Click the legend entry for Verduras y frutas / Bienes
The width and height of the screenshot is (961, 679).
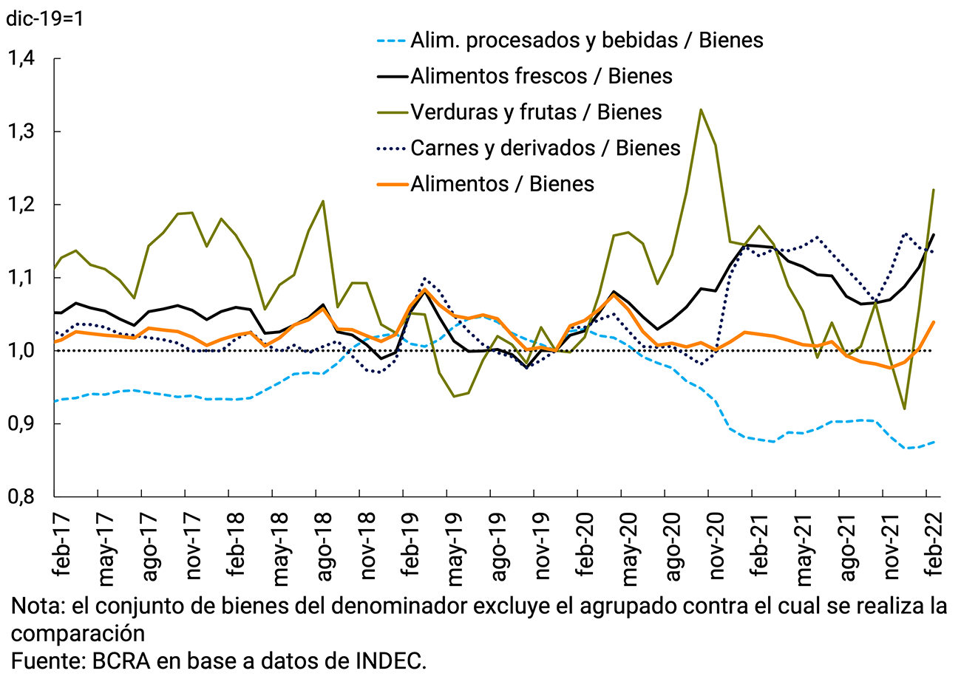(535, 112)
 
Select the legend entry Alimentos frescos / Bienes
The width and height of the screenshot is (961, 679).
(540, 76)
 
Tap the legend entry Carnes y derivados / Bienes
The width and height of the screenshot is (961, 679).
(545, 148)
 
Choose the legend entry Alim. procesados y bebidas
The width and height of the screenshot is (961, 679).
(586, 40)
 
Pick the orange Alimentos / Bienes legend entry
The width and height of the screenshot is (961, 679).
(502, 183)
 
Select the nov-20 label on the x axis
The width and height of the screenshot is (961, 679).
(711, 544)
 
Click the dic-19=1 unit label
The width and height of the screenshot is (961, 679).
(44, 18)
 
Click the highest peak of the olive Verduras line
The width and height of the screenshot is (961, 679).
(701, 110)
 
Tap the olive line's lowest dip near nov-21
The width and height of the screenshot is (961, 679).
(904, 409)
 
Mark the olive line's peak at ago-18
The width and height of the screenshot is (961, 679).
(323, 201)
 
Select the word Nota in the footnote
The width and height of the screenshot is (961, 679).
(35, 607)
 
